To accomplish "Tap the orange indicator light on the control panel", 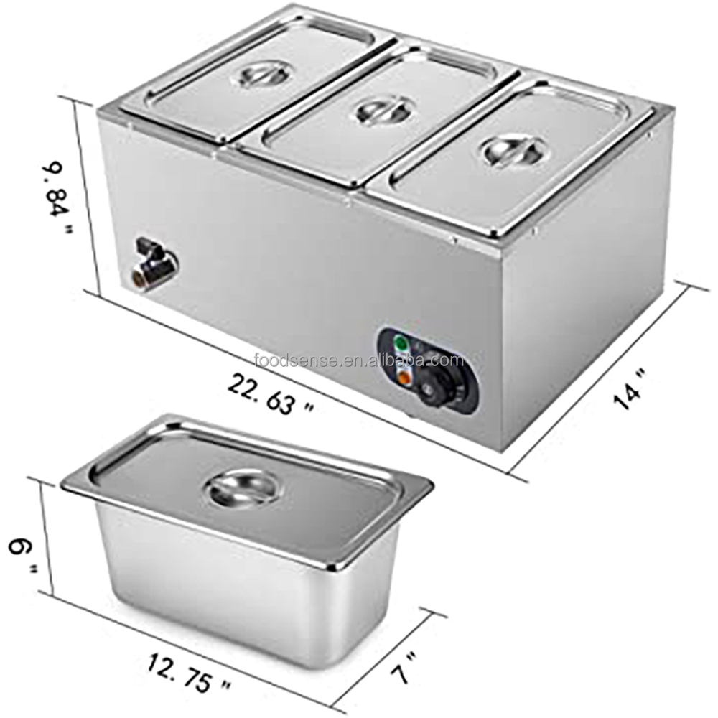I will coord(403,374).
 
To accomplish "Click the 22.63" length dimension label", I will coord(271,393).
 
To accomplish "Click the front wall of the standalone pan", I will coord(237,582).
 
